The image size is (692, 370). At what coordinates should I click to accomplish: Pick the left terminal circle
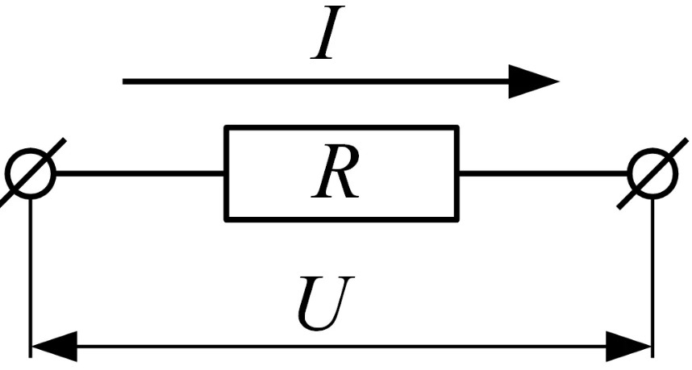click(31, 173)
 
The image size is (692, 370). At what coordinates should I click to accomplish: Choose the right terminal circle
click(652, 173)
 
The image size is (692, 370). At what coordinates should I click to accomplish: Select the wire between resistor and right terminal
click(544, 173)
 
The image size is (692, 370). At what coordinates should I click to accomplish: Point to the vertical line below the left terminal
click(31, 266)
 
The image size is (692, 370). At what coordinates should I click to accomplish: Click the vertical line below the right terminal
click(652, 266)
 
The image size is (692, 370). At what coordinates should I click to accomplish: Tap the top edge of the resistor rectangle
click(341, 128)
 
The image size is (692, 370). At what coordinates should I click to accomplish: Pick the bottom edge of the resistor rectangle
click(341, 218)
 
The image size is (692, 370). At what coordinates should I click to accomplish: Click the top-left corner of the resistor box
click(227, 128)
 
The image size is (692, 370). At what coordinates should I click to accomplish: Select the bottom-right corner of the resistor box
click(456, 218)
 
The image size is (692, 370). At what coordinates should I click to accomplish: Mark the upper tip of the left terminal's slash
click(63, 140)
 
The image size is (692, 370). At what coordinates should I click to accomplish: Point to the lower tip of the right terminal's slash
click(619, 206)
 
